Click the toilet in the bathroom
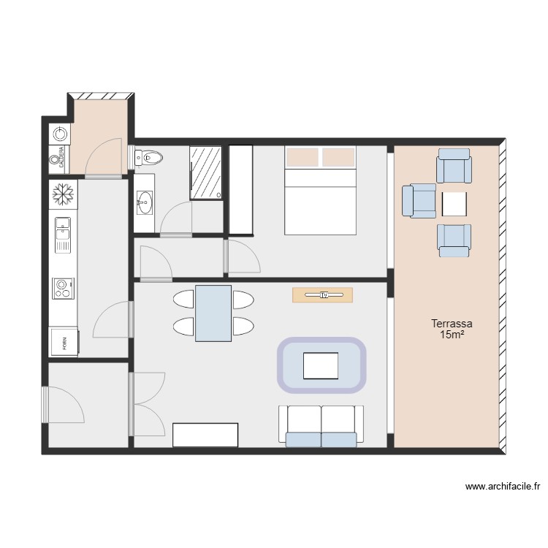[x=150, y=156]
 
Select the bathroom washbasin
[x=145, y=200]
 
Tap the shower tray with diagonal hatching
[x=206, y=172]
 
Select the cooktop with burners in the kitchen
[x=64, y=289]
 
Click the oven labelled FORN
[x=64, y=341]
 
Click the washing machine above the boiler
[x=60, y=134]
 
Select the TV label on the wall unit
[x=322, y=295]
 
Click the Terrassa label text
[x=452, y=323]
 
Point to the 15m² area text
[x=453, y=335]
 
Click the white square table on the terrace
[x=454, y=203]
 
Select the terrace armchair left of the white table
[x=419, y=201]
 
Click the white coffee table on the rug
[x=321, y=365]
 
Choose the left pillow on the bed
[x=302, y=157]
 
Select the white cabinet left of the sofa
[x=205, y=435]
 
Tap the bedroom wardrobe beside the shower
[x=241, y=190]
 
